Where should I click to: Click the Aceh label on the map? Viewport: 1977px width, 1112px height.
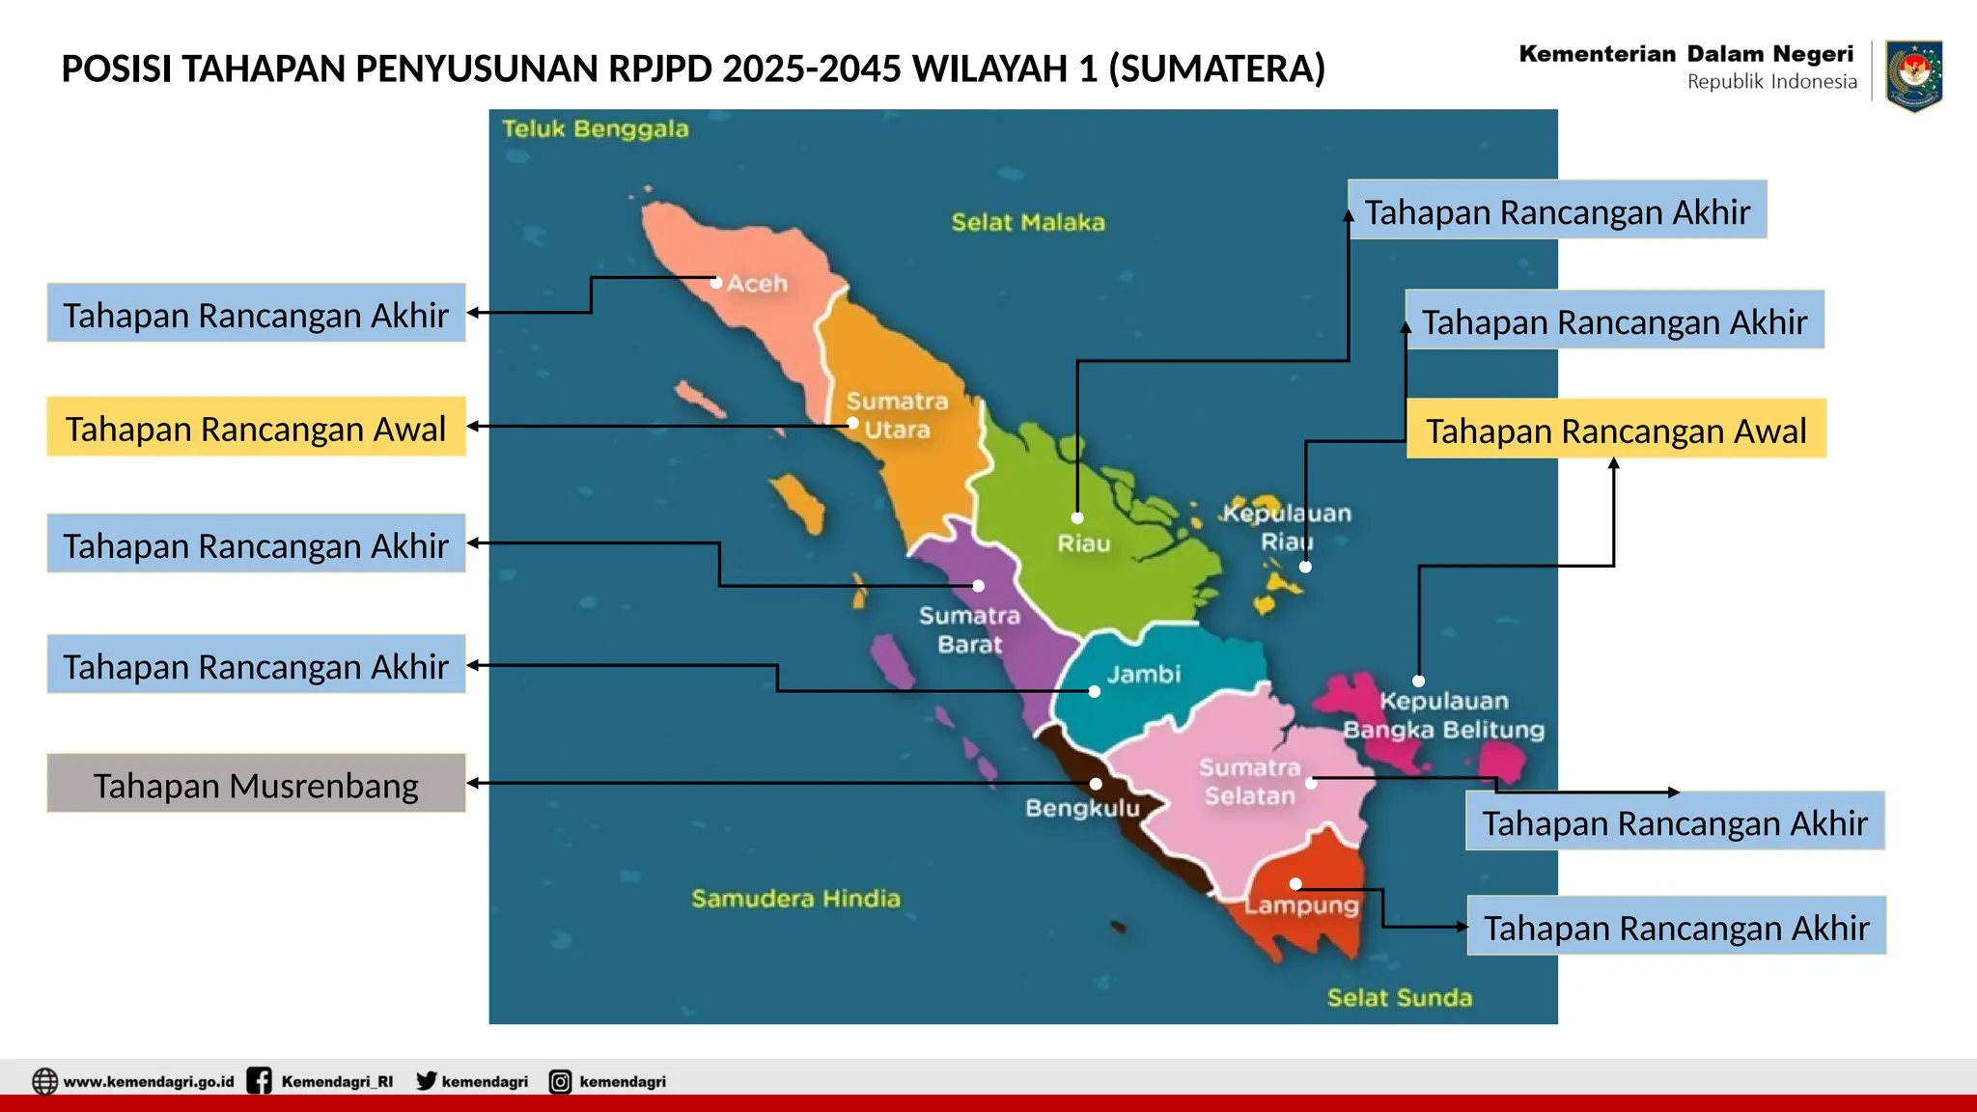[757, 284]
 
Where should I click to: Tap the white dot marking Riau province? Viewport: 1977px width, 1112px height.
[1077, 518]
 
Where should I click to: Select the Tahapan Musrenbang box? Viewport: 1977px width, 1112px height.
[256, 784]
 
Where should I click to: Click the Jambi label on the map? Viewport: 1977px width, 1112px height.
[1143, 674]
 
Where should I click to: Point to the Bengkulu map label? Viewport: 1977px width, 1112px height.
[1082, 808]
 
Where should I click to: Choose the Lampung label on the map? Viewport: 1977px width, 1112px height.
[1301, 905]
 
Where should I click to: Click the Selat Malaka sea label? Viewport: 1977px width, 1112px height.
[1028, 222]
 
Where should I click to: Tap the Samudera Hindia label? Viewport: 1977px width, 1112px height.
[795, 899]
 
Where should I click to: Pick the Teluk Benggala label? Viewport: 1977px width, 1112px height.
[596, 129]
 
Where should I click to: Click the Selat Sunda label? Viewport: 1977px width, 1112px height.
[1400, 997]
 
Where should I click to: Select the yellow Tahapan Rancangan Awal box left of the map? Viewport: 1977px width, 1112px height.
[256, 427]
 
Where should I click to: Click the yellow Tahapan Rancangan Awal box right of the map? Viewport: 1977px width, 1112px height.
[1616, 430]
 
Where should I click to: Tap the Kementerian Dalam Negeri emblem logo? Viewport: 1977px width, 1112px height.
[1913, 74]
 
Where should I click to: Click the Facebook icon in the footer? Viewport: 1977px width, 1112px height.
[259, 1081]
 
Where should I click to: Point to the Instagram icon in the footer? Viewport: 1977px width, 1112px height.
[560, 1081]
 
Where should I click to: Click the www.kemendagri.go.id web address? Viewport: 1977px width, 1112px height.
[149, 1081]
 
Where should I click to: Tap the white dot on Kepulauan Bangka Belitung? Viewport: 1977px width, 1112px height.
[1418, 681]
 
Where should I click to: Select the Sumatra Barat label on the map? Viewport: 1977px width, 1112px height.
[969, 629]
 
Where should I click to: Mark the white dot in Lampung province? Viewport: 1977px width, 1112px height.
[1295, 884]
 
